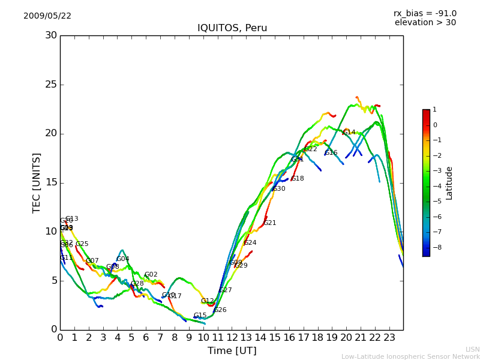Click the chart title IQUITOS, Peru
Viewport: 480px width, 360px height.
click(232, 28)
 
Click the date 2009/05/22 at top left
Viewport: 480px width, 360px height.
click(47, 16)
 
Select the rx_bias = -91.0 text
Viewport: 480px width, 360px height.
click(425, 13)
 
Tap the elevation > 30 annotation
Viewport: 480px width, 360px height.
click(425, 23)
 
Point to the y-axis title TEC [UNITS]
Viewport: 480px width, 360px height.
click(37, 182)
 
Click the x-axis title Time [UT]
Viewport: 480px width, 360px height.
click(232, 350)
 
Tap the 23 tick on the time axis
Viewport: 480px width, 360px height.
click(389, 337)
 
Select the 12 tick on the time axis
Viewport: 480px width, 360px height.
click(232, 337)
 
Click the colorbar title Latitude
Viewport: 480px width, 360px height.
click(449, 183)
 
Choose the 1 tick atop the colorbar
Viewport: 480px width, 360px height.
click(434, 110)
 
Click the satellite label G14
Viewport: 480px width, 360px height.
click(349, 132)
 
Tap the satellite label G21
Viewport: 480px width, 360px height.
click(270, 223)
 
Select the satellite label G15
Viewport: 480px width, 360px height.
click(200, 315)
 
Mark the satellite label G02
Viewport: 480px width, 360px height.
click(151, 274)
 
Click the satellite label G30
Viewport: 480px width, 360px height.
click(279, 188)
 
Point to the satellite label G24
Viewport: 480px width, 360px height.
click(250, 242)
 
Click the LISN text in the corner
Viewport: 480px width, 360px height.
click(472, 349)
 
